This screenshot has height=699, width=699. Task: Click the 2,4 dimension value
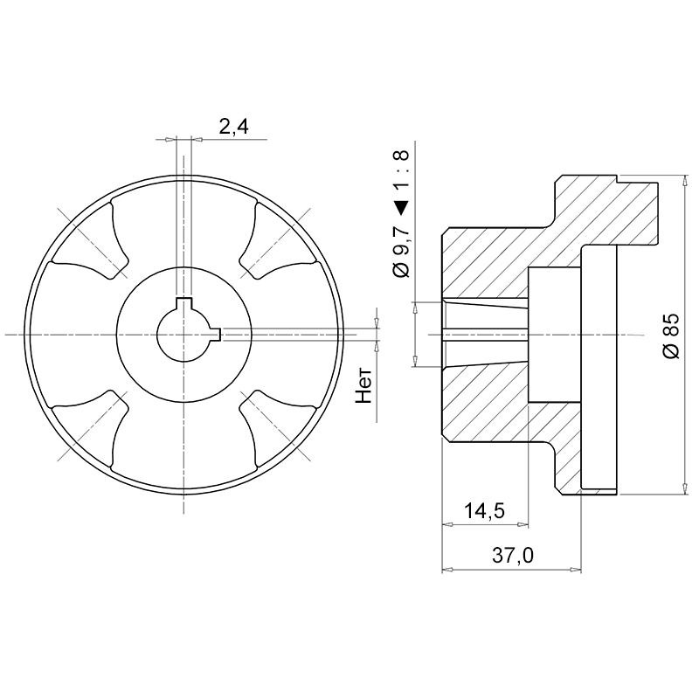(x=233, y=127)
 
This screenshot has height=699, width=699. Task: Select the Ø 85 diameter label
(x=671, y=336)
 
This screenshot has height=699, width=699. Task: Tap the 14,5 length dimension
(x=484, y=510)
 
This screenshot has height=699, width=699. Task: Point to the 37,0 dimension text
(x=512, y=556)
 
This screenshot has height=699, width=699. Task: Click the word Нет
(x=363, y=386)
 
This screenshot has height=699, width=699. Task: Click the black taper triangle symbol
(x=401, y=208)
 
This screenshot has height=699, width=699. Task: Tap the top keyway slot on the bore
(x=183, y=304)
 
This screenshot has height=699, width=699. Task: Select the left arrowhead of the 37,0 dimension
(x=447, y=570)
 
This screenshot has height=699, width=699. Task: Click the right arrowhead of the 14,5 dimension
(x=523, y=524)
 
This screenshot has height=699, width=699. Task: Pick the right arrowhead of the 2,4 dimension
(x=198, y=140)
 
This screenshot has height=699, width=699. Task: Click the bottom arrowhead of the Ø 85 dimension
(x=685, y=488)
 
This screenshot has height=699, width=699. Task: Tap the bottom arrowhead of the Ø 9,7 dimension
(x=416, y=361)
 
